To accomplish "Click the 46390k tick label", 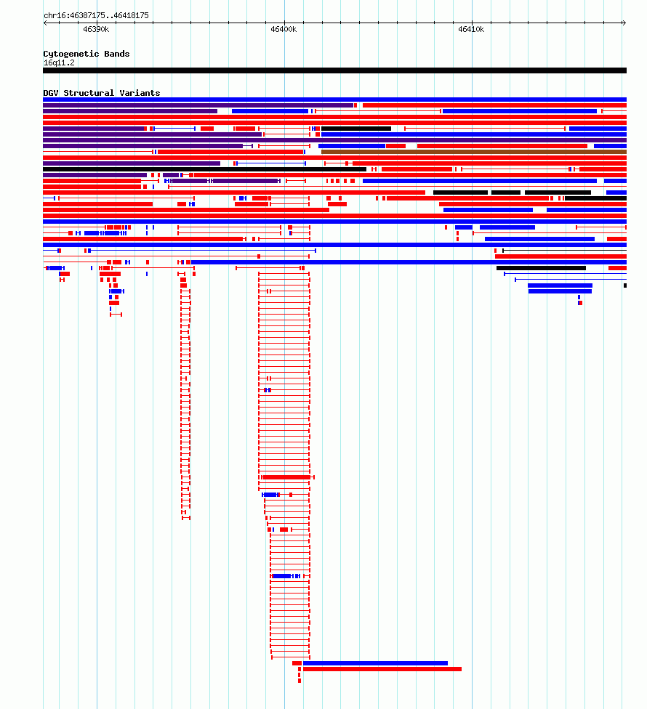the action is [96, 29].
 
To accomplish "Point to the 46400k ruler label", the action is [284, 29].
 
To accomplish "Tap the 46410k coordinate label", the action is [471, 29].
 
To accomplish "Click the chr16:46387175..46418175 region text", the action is [97, 15].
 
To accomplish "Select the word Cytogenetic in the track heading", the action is [71, 54].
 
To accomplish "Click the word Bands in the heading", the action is [117, 54].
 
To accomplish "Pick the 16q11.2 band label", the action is [60, 63].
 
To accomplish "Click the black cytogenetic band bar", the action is [335, 70].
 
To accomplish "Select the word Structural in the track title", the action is [89, 93].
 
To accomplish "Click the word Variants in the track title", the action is [140, 93].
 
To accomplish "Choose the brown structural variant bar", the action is [474, 152].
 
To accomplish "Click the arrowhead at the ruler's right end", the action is [624, 23].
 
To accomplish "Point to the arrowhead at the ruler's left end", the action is [45, 23].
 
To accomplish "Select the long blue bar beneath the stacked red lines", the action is [375, 663].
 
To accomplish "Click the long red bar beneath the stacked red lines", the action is [382, 669].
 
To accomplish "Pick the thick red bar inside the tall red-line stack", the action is [286, 477].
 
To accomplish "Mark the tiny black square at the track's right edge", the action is [625, 285].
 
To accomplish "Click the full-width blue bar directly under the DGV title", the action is [335, 100].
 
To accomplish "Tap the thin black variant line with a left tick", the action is [564, 251].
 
